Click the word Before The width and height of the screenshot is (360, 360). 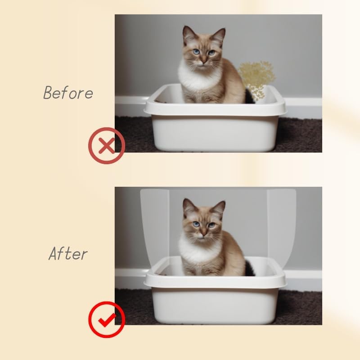[x=68, y=92]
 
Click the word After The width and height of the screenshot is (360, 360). [x=67, y=254]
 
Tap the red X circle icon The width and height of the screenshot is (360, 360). [x=106, y=145]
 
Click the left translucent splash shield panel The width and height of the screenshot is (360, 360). [x=154, y=225]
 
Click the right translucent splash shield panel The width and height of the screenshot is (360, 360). [x=281, y=225]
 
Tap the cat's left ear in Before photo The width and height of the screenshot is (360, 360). [x=189, y=35]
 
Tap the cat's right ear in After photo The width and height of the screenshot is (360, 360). [x=219, y=208]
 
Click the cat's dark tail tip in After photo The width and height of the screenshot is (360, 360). [x=249, y=268]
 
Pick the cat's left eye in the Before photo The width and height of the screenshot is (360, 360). [x=196, y=52]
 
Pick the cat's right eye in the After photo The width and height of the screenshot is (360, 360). [x=211, y=225]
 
